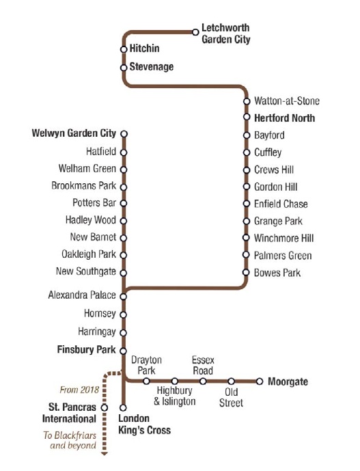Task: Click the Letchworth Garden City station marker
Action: pos(195,32)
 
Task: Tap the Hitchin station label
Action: pos(144,49)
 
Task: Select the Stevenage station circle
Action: pos(124,68)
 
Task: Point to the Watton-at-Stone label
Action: pos(287,101)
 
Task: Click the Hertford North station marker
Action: pos(247,117)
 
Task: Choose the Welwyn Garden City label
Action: pos(74,133)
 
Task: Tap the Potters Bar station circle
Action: pos(124,203)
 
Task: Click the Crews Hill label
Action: pos(274,170)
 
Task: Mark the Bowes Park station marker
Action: pos(246,273)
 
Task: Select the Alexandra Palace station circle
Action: pos(124,297)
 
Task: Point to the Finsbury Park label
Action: pos(87,349)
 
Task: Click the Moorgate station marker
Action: pos(260,381)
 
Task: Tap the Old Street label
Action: pos(231,397)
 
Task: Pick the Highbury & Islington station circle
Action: pos(175,381)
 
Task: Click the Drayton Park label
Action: pos(146,365)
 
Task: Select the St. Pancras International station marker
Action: pos(105,408)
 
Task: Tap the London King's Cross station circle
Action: pos(123,408)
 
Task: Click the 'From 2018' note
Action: pos(79,390)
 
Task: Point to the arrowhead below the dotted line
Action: pos(105,454)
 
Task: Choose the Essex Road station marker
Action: pos(204,381)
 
